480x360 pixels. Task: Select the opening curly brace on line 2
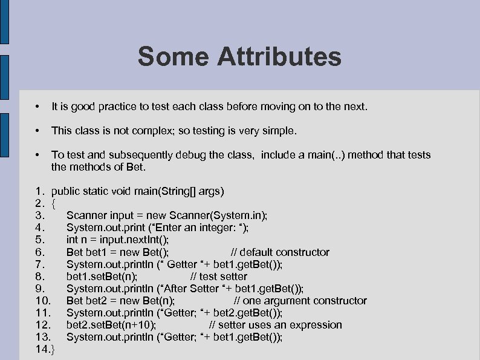click(54, 203)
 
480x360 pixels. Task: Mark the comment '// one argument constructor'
click(300, 301)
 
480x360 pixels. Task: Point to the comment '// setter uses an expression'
click(275, 325)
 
